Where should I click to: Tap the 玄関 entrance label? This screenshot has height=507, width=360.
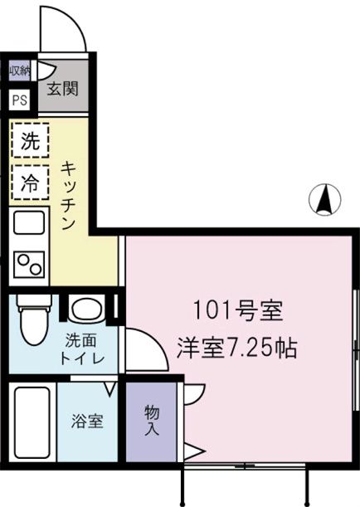tap(62, 88)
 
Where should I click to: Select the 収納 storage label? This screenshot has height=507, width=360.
tap(20, 71)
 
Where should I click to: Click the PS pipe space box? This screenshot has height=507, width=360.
tap(20, 100)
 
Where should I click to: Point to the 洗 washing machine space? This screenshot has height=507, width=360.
tap(29, 141)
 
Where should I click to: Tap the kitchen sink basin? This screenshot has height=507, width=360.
tap(30, 224)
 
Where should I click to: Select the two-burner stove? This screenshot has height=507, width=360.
tap(30, 263)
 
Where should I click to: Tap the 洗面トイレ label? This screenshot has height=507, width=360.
tap(83, 349)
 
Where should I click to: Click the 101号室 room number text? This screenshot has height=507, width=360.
tap(238, 312)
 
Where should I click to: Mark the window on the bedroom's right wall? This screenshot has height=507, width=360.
tap(354, 349)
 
